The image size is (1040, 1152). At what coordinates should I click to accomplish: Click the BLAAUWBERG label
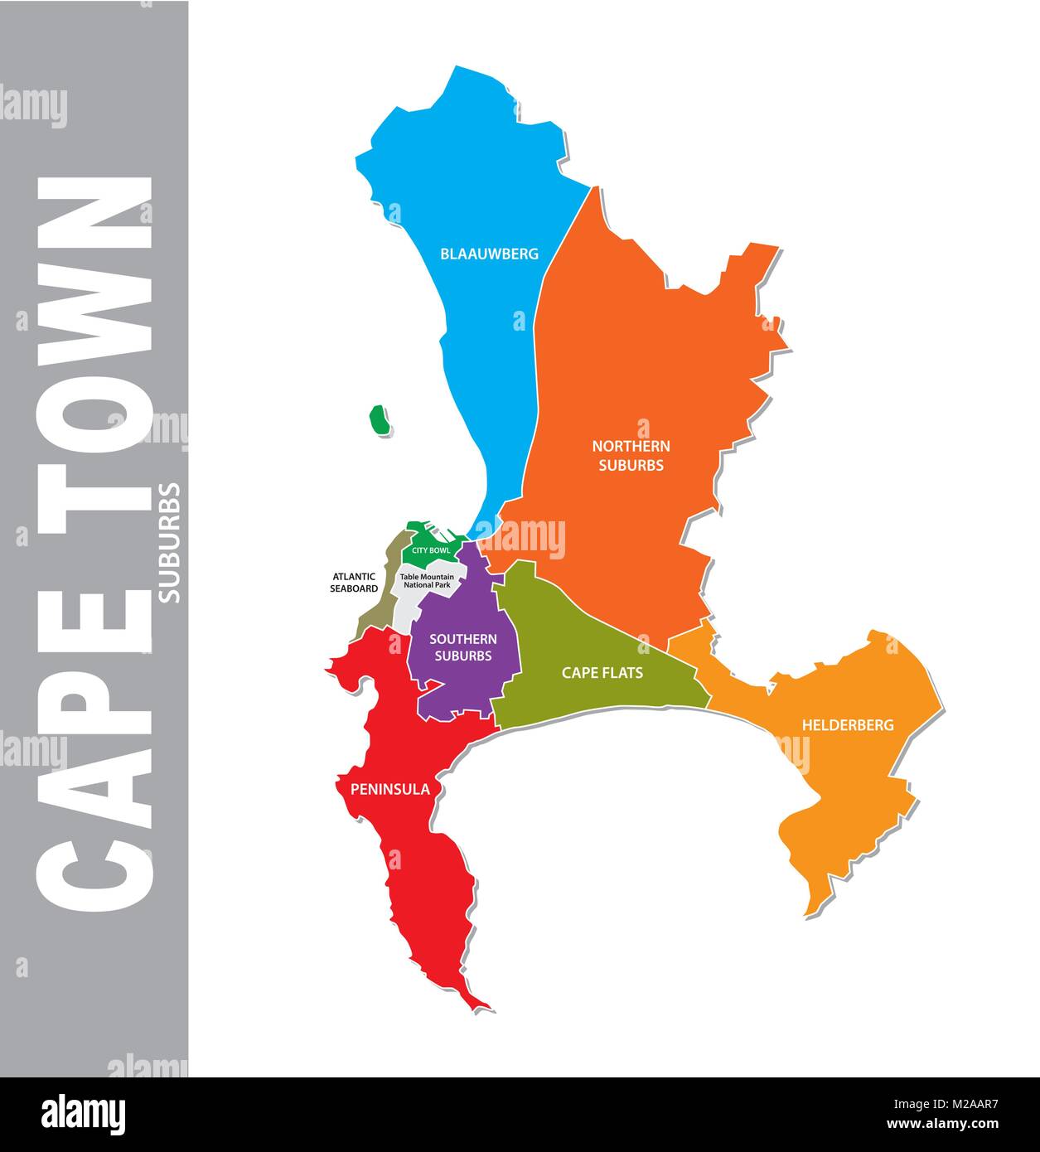click(x=489, y=254)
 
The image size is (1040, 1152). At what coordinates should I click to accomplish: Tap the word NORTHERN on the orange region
click(x=631, y=446)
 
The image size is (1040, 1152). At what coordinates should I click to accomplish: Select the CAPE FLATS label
click(x=602, y=672)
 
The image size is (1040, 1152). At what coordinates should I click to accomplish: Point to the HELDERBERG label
click(x=847, y=725)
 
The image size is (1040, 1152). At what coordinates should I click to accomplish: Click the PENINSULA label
click(x=389, y=789)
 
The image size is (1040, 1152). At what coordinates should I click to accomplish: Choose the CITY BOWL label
click(x=431, y=550)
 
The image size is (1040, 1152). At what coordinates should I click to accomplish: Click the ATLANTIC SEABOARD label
click(x=355, y=582)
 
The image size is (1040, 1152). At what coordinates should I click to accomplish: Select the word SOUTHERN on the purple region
click(x=462, y=639)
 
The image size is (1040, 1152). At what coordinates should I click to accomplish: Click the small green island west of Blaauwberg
click(x=380, y=420)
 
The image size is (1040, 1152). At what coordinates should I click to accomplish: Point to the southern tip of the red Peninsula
click(x=484, y=1008)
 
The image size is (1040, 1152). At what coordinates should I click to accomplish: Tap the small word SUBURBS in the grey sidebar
click(x=169, y=542)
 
